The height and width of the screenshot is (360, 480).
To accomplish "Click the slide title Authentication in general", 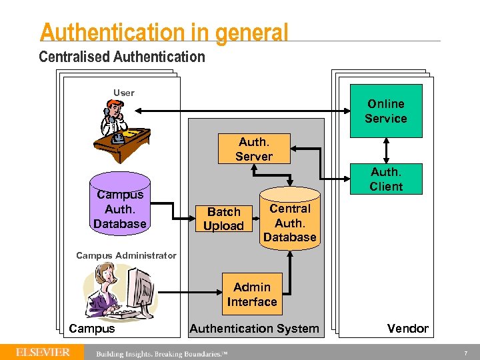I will click(x=164, y=32).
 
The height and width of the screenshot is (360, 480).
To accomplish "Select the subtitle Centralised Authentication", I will click(x=122, y=57).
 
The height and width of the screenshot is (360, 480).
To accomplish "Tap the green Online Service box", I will click(x=386, y=111).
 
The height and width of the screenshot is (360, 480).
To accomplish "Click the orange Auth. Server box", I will click(x=253, y=149).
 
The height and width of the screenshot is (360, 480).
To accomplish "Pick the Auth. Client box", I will click(x=386, y=179).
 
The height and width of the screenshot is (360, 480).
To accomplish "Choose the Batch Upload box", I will click(x=223, y=219).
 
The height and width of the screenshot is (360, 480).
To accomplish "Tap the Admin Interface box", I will click(x=251, y=294).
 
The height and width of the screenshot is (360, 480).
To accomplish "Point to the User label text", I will click(x=123, y=93).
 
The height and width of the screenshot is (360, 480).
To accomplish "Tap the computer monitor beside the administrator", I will click(x=141, y=290).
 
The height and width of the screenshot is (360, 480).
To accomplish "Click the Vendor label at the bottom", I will click(x=408, y=328).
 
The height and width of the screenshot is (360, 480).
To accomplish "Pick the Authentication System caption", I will click(x=254, y=328).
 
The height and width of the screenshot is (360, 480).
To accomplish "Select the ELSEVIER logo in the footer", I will click(x=43, y=351).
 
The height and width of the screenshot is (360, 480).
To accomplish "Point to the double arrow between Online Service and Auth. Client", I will click(x=386, y=151).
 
